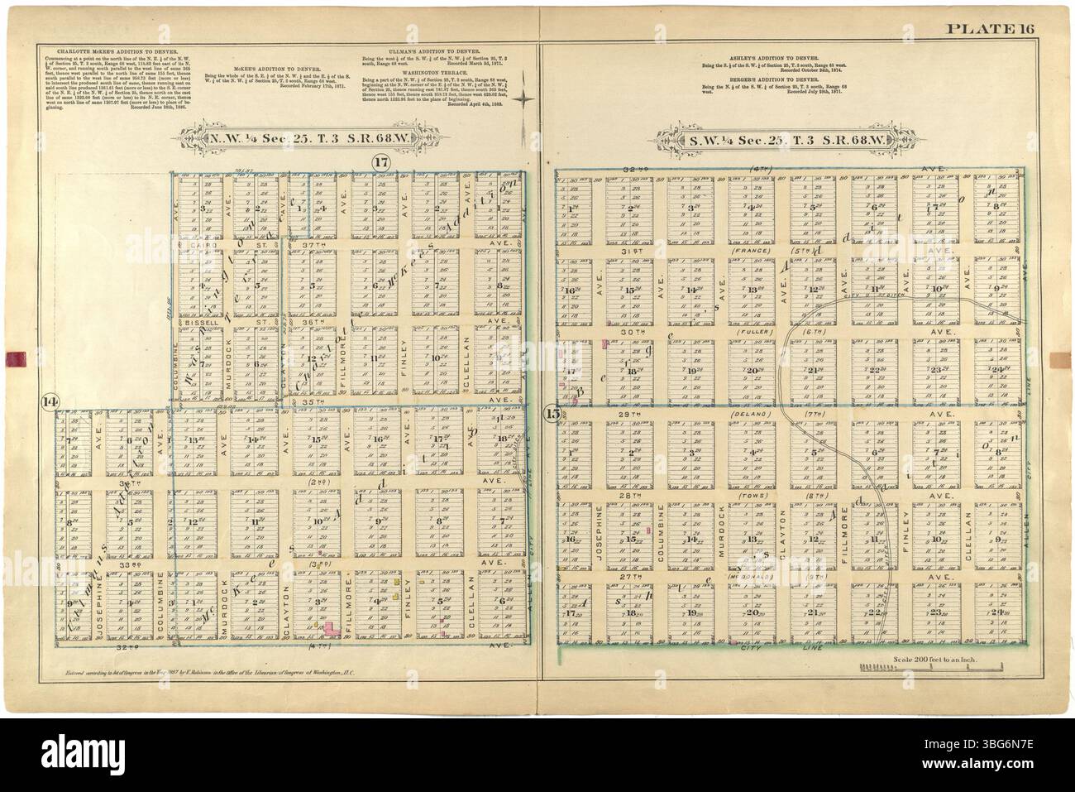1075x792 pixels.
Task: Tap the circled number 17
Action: pyautogui.click(x=380, y=162)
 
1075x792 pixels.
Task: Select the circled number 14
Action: pyautogui.click(x=50, y=401)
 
